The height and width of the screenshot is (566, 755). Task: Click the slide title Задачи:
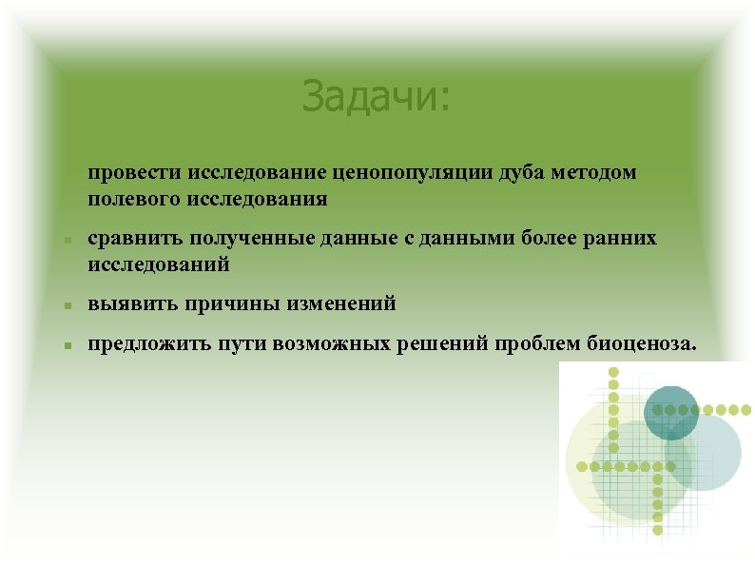coord(377,96)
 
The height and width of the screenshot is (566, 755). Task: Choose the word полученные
coord(242,239)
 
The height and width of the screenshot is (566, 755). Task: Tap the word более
coord(551,239)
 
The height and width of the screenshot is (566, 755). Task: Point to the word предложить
coord(143,343)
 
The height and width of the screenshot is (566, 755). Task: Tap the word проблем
coord(523,343)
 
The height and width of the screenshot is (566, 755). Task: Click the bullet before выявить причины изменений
coord(68,306)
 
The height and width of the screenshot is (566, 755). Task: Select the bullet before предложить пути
coord(68,345)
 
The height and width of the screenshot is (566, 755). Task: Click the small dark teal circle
coord(671,412)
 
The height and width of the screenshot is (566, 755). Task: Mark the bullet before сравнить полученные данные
coord(68,241)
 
